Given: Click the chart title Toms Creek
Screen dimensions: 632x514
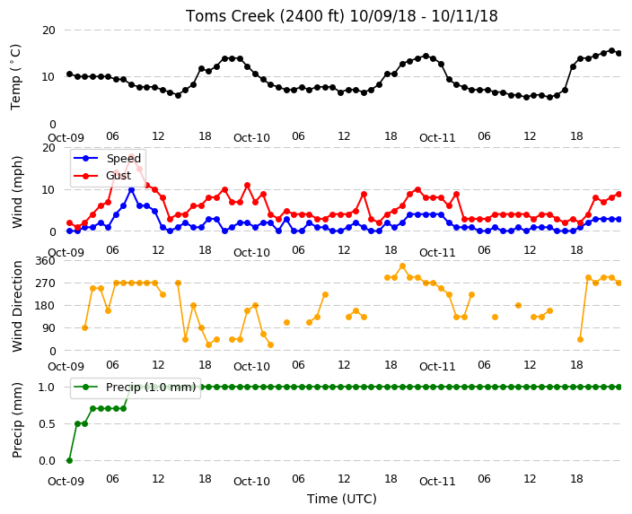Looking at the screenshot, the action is point(341,16).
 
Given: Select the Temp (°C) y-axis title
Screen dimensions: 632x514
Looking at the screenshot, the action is point(15,77).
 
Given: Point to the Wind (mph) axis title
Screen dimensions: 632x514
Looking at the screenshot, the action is point(17,192).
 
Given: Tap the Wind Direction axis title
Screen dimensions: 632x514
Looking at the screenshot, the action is point(17,306).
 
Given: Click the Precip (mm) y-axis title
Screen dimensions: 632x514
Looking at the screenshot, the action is point(17,420).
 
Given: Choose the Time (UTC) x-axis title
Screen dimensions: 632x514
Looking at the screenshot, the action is point(342,499).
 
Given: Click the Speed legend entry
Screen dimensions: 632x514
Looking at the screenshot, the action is point(107,158).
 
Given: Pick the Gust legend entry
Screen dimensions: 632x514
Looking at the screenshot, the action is point(102,175).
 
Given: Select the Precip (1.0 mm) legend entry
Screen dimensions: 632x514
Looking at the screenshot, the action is point(135,388).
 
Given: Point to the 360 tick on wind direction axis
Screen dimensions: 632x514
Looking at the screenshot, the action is point(45,261).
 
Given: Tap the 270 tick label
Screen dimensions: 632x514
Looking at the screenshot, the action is point(45,283).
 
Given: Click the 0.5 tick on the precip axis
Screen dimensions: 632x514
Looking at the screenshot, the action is point(47,423).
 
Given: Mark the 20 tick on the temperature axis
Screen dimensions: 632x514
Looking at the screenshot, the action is point(48,30).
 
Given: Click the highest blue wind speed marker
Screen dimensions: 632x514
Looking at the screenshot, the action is point(131,189).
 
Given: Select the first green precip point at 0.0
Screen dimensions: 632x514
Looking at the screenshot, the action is point(69,460).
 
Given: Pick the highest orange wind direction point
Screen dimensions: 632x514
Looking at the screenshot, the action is point(402,266).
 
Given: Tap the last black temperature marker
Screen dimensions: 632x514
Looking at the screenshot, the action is point(619,53).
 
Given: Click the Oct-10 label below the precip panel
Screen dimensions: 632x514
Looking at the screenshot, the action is point(251,481).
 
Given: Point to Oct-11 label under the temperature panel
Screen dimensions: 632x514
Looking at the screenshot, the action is point(437,138).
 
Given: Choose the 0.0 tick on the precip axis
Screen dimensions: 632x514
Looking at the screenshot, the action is point(47,461).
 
